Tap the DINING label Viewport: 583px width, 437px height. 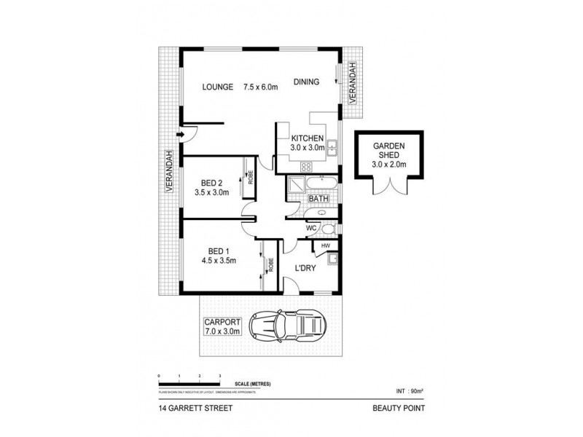pyautogui.click(x=307, y=82)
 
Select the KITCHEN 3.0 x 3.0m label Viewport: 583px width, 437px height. pyautogui.click(x=307, y=143)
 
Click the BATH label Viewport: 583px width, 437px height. pyautogui.click(x=318, y=199)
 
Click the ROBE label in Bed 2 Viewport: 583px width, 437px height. pyautogui.click(x=250, y=178)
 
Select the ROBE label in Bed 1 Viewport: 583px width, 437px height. pyautogui.click(x=270, y=264)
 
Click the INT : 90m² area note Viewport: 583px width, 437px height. pyautogui.click(x=410, y=390)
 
